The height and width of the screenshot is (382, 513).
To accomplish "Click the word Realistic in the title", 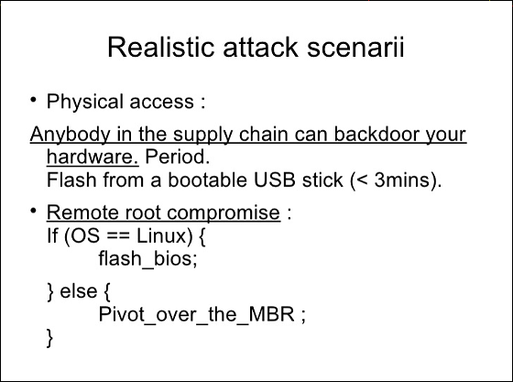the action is tap(160, 47).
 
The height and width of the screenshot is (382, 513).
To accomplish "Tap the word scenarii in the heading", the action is tap(355, 47).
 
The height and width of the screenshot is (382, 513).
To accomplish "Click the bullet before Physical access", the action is tap(33, 100).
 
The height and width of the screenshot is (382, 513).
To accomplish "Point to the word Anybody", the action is tap(71, 135).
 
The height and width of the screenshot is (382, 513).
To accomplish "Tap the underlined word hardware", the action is tap(93, 157).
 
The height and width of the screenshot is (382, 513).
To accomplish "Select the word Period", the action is tap(177, 157).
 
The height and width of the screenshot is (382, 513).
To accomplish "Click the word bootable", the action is tap(207, 180).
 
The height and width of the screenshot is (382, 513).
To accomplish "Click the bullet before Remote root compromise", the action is tap(33, 211).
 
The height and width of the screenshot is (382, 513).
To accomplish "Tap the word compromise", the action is tap(224, 213).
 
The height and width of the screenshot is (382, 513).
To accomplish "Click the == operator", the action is tap(118, 235).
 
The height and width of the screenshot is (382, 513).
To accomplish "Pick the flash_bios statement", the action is tap(147, 258).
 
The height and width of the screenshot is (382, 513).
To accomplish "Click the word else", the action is tap(79, 290).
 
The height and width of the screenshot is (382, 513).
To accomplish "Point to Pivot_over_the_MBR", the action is tap(196, 314).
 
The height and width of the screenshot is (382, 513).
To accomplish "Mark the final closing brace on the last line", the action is tap(50, 337).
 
